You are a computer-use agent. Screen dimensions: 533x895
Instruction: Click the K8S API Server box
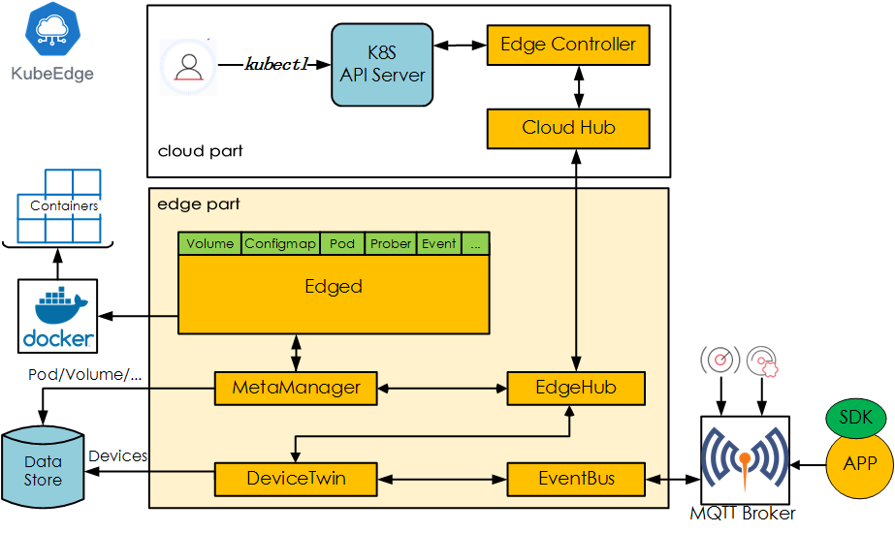[x=382, y=65]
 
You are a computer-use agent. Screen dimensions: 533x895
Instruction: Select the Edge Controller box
[x=567, y=45]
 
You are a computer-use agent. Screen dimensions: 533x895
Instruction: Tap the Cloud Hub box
[x=567, y=128]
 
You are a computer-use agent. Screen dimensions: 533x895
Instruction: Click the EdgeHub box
[x=576, y=388]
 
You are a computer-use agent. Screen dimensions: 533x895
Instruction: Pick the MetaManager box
[x=296, y=388]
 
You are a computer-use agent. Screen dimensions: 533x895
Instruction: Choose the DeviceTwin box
[x=296, y=478]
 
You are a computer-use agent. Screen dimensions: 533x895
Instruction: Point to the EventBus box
[x=576, y=478]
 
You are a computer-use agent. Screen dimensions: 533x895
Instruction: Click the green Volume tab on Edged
[x=209, y=243]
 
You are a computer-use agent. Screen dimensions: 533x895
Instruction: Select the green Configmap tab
[x=280, y=243]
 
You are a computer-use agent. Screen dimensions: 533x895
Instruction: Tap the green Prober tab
[x=391, y=243]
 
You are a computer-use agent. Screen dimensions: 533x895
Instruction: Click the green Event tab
[x=438, y=243]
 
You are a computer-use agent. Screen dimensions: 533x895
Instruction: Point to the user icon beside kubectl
[x=189, y=66]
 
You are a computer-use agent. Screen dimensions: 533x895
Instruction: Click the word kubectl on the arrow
[x=275, y=65]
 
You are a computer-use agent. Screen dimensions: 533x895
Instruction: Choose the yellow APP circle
[x=860, y=463]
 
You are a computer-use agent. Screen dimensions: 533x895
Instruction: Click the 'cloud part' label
[x=200, y=151]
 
